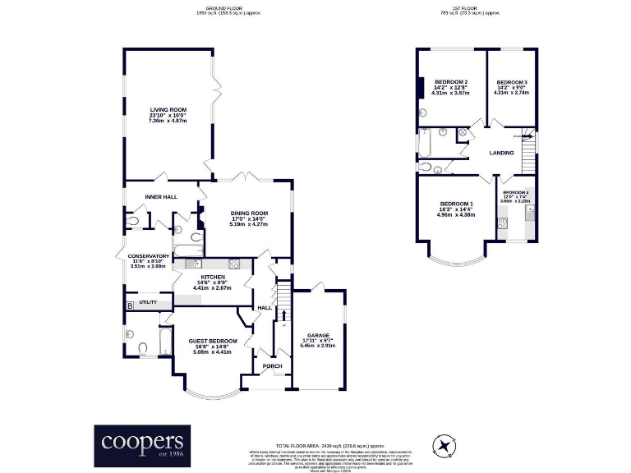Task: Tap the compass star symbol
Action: point(444,445)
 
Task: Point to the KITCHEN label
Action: point(213,278)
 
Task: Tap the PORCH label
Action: point(271,366)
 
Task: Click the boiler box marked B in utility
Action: point(129,306)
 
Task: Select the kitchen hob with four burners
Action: point(234,264)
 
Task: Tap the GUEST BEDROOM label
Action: point(212,341)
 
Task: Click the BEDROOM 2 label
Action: point(451,82)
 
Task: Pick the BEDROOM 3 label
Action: point(511,82)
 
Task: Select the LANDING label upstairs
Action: point(501,153)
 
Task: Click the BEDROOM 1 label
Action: point(457,204)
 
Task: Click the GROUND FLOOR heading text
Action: point(210,8)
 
